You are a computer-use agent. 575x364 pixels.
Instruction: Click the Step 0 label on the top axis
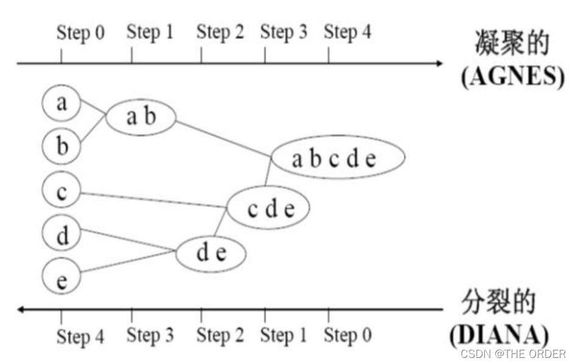[x=80, y=33]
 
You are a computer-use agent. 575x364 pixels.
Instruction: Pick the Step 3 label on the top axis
[x=283, y=32]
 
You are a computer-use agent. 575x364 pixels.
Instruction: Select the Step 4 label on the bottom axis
[x=80, y=337]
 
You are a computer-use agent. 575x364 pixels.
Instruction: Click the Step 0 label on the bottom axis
[x=347, y=335]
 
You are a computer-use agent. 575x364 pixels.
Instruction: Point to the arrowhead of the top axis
[x=440, y=63]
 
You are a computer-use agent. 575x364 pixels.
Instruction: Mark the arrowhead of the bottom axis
[x=21, y=309]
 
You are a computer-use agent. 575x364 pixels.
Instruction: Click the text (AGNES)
[x=513, y=77]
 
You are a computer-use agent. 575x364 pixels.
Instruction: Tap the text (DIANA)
[x=499, y=335]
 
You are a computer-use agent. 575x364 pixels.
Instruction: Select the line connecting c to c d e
[x=153, y=201]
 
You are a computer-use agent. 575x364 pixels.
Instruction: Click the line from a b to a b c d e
[x=224, y=138]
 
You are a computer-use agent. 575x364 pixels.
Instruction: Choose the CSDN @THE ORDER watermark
[x=513, y=354]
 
